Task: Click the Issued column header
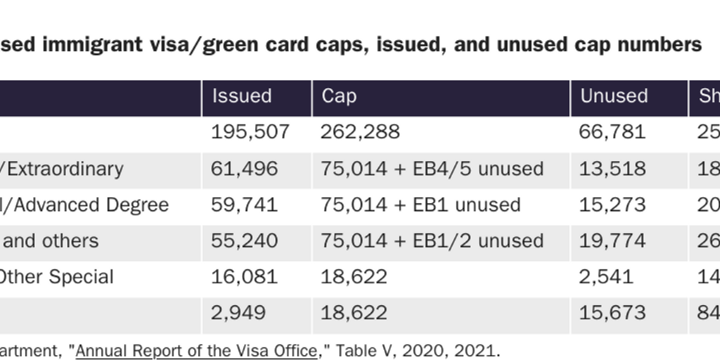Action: (242, 96)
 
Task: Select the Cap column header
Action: (339, 96)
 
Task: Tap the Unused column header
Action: (614, 96)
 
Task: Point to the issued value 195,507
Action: (250, 132)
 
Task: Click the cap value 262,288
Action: (360, 132)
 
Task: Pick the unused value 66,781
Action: (612, 132)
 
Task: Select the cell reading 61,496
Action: (244, 169)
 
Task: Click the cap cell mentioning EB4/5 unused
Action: (432, 169)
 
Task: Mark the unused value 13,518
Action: (612, 169)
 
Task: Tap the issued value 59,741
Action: (244, 205)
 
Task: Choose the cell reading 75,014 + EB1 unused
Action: (420, 205)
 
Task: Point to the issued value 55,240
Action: (244, 241)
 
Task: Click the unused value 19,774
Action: (612, 241)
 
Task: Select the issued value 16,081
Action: (244, 277)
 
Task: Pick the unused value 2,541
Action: (606, 277)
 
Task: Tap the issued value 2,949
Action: (238, 313)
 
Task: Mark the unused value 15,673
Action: (612, 313)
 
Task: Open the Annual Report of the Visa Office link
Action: (196, 350)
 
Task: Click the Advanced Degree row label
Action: (84, 205)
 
